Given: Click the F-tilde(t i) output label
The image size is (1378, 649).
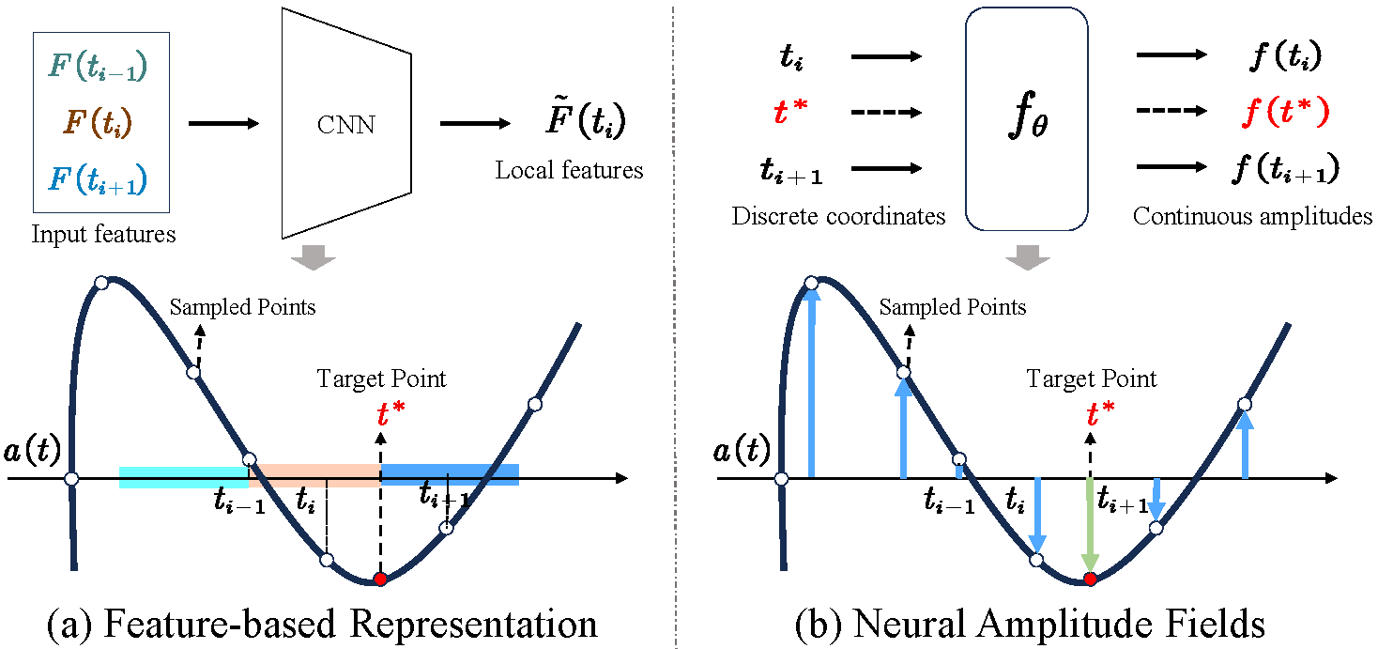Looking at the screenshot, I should [570, 122].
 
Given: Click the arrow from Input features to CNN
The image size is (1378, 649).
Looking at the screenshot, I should [223, 122].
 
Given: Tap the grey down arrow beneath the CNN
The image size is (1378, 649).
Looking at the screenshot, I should [312, 256].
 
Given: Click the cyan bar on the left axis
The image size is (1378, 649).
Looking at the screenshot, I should [183, 477].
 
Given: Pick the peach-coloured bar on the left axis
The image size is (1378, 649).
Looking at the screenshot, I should [314, 474].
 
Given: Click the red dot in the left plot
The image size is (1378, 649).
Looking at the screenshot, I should [379, 579].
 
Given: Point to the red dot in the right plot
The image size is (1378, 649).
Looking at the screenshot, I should [1090, 579].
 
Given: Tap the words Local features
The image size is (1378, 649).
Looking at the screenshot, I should [569, 170].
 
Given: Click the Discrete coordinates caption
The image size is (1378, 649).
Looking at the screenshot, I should [838, 217].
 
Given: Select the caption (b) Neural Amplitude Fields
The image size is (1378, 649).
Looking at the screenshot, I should [1030, 625].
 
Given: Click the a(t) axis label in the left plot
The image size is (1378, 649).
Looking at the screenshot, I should [31, 453].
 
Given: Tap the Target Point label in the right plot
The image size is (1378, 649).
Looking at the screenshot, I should [1092, 379].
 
